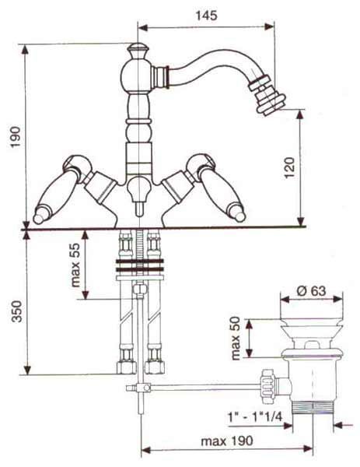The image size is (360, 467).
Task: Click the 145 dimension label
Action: pyautogui.click(x=207, y=16)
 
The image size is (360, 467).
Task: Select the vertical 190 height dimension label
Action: pyautogui.click(x=16, y=137)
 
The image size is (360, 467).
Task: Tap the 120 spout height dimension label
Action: pyautogui.click(x=289, y=167)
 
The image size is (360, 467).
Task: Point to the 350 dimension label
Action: pyautogui.click(x=17, y=311)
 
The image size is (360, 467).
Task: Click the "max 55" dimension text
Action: pyautogui.click(x=75, y=265)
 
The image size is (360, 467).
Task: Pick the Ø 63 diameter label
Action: pyautogui.click(x=312, y=290)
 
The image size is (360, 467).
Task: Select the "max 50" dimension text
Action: pyautogui.click(x=236, y=339)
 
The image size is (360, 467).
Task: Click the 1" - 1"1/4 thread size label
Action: pyautogui.click(x=255, y=417)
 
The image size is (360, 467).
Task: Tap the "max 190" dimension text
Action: pyautogui.click(x=227, y=441)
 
